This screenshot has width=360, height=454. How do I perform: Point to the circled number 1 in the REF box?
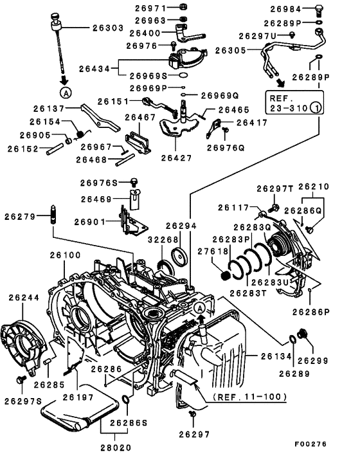(x=316, y=107)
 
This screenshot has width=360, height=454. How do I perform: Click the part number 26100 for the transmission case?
(x=65, y=255)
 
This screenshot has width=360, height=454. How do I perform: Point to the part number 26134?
(x=276, y=356)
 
